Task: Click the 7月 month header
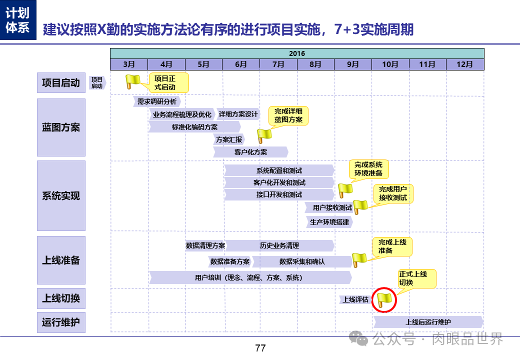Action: point(278,64)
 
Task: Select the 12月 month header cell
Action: point(465,64)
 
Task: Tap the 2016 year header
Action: point(297,53)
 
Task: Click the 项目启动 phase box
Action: point(61,83)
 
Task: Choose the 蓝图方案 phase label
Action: point(61,127)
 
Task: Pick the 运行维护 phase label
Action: point(61,322)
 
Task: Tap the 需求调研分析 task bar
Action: point(157,101)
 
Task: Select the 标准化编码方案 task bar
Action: point(195,127)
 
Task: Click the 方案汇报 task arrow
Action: point(229,139)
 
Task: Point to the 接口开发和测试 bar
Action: point(279,194)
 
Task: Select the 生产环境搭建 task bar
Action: point(329,221)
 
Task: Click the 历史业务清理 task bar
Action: point(279,245)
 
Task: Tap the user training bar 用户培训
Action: point(249,277)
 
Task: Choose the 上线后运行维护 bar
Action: point(428,322)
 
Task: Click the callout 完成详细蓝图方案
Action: point(288,115)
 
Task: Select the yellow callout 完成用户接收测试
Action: point(393,193)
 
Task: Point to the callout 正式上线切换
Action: point(416,278)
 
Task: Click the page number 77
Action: point(260,348)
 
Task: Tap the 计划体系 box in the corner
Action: point(17,19)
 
